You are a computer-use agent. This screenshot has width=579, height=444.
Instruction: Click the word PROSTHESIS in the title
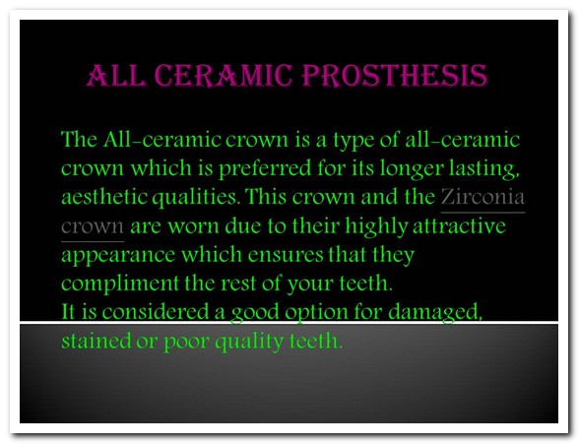[395, 75]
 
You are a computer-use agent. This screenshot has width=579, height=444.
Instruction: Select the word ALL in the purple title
[116, 75]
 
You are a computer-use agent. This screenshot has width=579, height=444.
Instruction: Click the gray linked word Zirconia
[482, 196]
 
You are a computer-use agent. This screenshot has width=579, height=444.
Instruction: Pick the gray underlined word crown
[93, 225]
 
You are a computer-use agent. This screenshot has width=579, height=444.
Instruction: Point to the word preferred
[264, 169]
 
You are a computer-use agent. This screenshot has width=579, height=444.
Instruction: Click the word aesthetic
[103, 196]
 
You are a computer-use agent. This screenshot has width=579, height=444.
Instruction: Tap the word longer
[412, 169]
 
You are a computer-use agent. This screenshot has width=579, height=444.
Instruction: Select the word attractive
[459, 225]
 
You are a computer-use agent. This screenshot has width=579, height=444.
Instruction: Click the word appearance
[118, 255]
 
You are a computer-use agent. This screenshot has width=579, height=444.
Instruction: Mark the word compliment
[120, 284]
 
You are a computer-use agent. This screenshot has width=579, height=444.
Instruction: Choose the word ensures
[286, 255]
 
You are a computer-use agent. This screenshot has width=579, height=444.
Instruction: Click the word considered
[156, 312]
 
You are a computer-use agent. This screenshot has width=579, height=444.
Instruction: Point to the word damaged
[435, 313]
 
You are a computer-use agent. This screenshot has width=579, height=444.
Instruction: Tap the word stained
[96, 341]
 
